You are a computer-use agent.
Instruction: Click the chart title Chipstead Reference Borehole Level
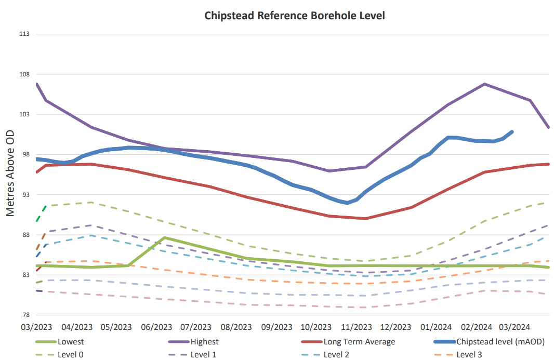click(x=295, y=15)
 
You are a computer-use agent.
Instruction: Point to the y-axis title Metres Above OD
click(x=10, y=174)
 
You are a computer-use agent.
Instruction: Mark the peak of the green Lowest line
click(x=164, y=237)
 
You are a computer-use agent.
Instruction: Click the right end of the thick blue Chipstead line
click(x=512, y=132)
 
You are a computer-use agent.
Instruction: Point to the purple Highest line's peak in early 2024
click(x=484, y=84)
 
